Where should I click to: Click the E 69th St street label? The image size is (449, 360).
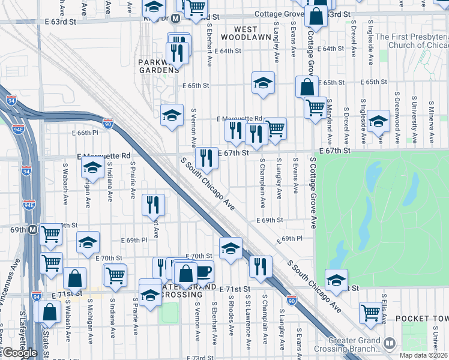(x=270, y=220)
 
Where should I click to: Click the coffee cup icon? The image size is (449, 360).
(x=203, y=271)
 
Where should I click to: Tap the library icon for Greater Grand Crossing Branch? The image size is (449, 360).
(x=390, y=343)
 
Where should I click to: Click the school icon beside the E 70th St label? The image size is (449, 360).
(x=231, y=248)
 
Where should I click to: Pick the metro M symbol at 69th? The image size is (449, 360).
(x=32, y=230)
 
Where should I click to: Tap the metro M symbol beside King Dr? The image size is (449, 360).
(x=175, y=19)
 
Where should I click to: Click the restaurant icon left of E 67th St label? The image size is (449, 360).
(x=206, y=158)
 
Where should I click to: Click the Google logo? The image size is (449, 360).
(x=19, y=353)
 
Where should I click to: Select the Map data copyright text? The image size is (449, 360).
(x=424, y=355)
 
